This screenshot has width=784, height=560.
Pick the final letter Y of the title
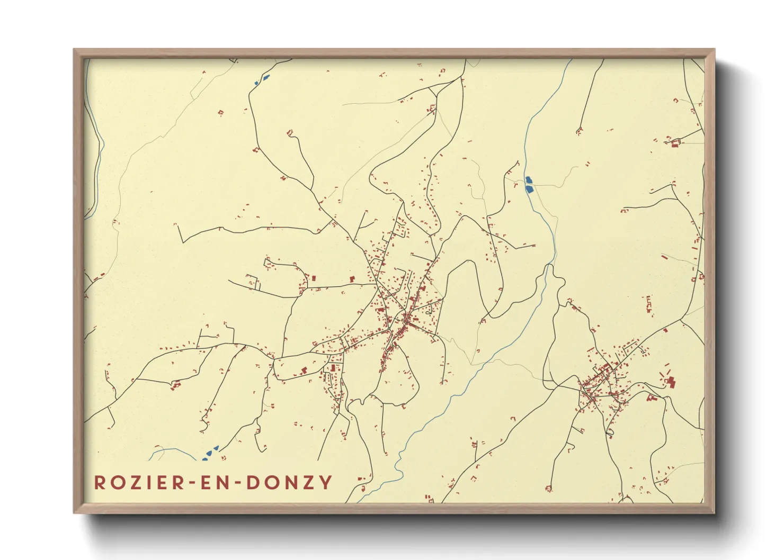pos(326,483)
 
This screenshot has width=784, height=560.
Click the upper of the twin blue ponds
pos(528,180)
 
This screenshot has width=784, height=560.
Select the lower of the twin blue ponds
pos(529,188)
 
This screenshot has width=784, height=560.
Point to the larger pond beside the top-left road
pos(265,78)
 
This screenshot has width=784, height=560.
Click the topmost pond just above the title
pos(215,448)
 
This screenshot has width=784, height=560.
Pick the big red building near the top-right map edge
pos(675,143)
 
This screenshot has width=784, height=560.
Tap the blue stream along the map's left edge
pos(98,159)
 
